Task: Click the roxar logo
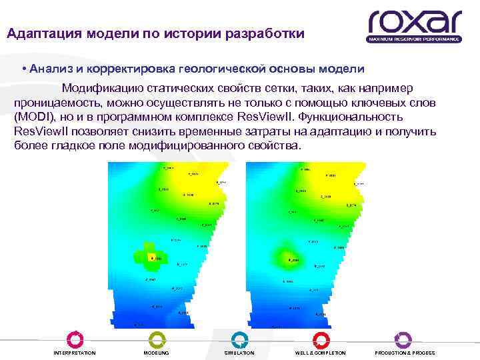(413, 23)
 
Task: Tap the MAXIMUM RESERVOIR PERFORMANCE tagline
(413, 39)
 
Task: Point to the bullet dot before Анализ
(23, 70)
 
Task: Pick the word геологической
(211, 70)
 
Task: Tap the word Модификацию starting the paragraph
(103, 89)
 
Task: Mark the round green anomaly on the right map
(287, 259)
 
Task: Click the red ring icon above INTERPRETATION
(75, 339)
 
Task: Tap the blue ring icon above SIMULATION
(239, 339)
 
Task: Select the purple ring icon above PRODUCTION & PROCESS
(404, 339)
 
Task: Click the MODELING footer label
(156, 353)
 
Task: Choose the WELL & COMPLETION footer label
(321, 353)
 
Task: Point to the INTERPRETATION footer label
(75, 353)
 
